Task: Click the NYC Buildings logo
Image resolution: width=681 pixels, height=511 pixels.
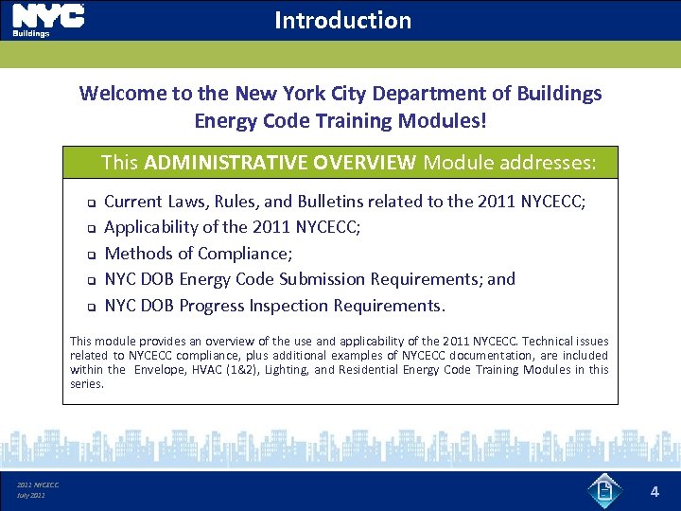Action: click(x=47, y=20)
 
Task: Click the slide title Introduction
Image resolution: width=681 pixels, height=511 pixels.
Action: click(x=342, y=20)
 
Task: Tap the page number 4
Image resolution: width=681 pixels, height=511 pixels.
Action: click(x=654, y=491)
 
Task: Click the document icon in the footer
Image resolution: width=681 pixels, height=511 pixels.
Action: click(x=603, y=490)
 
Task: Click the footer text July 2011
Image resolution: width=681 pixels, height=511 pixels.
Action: click(x=31, y=495)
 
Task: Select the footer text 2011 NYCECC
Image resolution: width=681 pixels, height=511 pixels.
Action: click(x=38, y=485)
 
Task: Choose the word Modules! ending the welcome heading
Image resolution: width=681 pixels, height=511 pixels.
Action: click(x=447, y=121)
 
